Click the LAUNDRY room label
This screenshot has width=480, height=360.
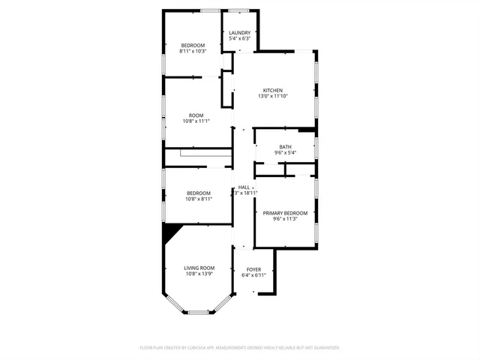(x=240, y=33)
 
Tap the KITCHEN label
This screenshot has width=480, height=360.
(x=272, y=90)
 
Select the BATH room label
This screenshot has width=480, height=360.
(x=285, y=147)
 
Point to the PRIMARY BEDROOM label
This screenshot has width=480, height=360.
(x=285, y=214)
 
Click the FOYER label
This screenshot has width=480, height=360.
(x=253, y=269)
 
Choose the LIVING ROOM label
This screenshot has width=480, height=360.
(x=199, y=268)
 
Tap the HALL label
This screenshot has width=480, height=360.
(x=244, y=187)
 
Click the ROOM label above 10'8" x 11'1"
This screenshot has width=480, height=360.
(x=196, y=115)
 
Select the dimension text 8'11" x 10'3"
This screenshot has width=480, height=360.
(x=193, y=51)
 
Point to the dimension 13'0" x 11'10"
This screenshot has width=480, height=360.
(x=273, y=96)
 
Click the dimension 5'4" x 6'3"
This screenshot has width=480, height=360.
(x=240, y=39)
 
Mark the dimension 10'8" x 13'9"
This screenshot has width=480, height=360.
(x=199, y=274)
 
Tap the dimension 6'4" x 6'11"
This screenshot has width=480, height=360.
(x=253, y=275)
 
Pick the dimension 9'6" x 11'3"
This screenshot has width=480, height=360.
(x=285, y=220)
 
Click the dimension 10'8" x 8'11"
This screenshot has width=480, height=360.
(x=199, y=199)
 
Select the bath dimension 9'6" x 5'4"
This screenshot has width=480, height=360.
(x=285, y=153)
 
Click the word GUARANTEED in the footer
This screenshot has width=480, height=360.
(x=323, y=348)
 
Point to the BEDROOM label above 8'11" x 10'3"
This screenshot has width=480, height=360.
(x=193, y=45)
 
